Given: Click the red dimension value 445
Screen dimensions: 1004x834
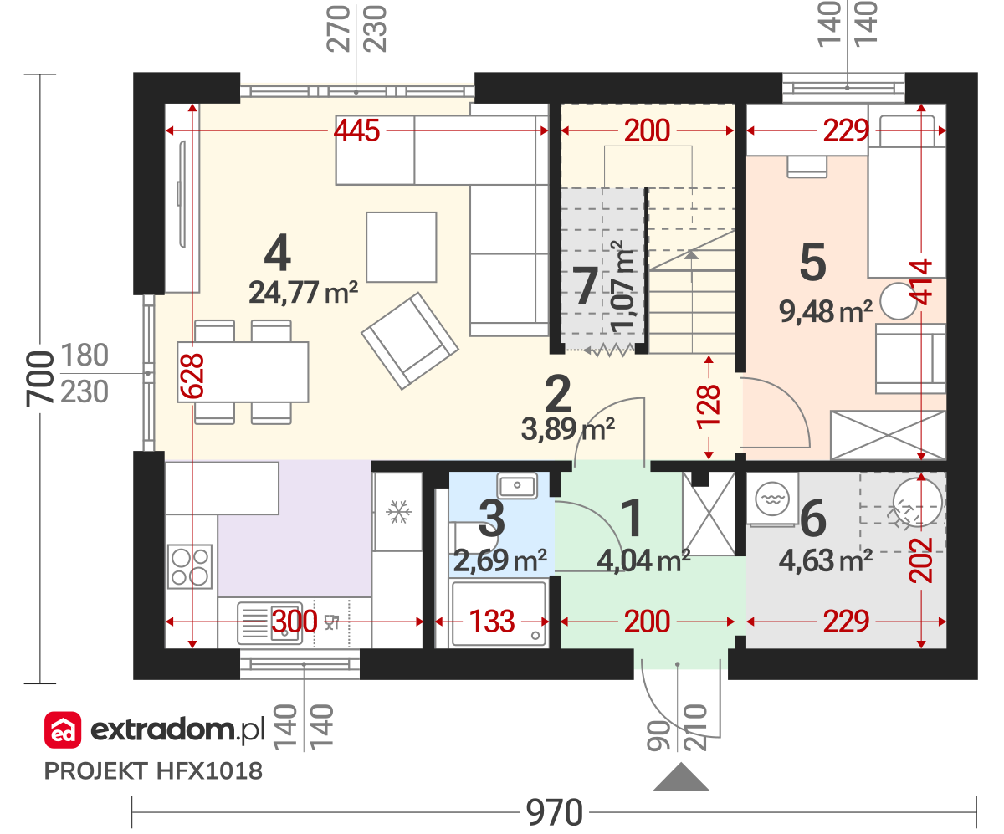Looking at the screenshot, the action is coord(356,130).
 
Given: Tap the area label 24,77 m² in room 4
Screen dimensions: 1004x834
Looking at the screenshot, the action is coord(304,292).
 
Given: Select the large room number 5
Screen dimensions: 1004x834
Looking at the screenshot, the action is coord(813,262).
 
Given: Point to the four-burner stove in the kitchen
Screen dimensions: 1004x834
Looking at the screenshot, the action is coord(190,566).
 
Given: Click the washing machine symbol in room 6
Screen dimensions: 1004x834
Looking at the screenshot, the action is coord(771,499).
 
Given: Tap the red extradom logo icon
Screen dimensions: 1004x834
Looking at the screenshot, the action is coord(63,729).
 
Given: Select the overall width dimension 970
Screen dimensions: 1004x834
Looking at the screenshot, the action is coord(555,812).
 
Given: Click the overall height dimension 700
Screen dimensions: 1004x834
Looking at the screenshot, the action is coord(40,379).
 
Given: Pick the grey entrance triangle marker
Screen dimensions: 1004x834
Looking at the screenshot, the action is coord(681,777).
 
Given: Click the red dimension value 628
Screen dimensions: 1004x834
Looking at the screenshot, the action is coord(192,376).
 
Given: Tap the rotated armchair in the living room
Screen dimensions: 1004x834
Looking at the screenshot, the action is coord(410,340).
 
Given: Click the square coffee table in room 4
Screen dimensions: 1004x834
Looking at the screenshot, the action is coord(402,247).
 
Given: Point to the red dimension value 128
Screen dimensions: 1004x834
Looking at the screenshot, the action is coord(709,407).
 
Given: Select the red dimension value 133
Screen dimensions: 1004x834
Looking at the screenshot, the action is coord(492,621).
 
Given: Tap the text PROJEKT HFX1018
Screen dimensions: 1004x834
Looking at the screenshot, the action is coord(153,771).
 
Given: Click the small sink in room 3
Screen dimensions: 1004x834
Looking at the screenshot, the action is coord(517,485).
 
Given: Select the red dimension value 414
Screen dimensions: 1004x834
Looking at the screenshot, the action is coord(921,282).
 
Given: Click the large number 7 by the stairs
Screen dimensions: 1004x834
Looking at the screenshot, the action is coord(586,286).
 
